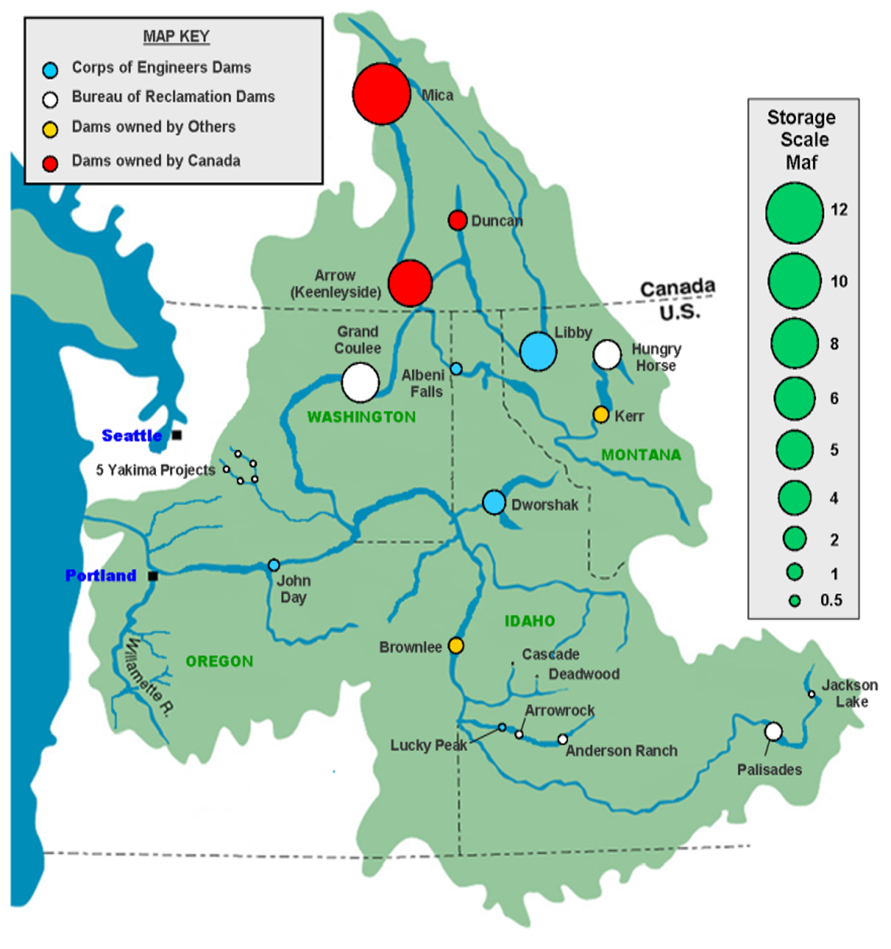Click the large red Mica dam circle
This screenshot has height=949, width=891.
(x=381, y=94)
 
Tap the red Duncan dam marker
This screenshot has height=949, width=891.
(x=458, y=220)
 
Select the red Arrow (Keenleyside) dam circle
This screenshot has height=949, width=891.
(x=410, y=283)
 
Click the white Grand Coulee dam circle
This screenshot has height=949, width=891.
(x=360, y=382)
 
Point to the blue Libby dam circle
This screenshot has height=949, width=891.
(x=538, y=351)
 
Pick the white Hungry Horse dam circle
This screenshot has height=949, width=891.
(x=607, y=355)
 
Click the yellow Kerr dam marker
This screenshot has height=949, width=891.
(x=601, y=414)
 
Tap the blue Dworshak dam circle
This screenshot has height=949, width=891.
(x=494, y=503)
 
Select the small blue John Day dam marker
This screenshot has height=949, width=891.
(x=274, y=565)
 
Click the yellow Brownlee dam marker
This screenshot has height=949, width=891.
(x=456, y=646)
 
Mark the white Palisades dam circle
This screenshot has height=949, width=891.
(x=773, y=732)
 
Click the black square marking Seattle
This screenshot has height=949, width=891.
(x=177, y=434)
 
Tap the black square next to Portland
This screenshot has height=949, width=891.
(x=153, y=576)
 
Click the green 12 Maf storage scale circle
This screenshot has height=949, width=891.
(x=794, y=213)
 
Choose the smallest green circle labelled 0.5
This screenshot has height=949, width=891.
(x=795, y=601)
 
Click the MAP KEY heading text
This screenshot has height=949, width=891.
(x=176, y=36)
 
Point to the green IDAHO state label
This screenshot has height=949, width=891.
(x=530, y=621)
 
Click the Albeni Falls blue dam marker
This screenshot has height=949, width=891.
(x=456, y=369)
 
